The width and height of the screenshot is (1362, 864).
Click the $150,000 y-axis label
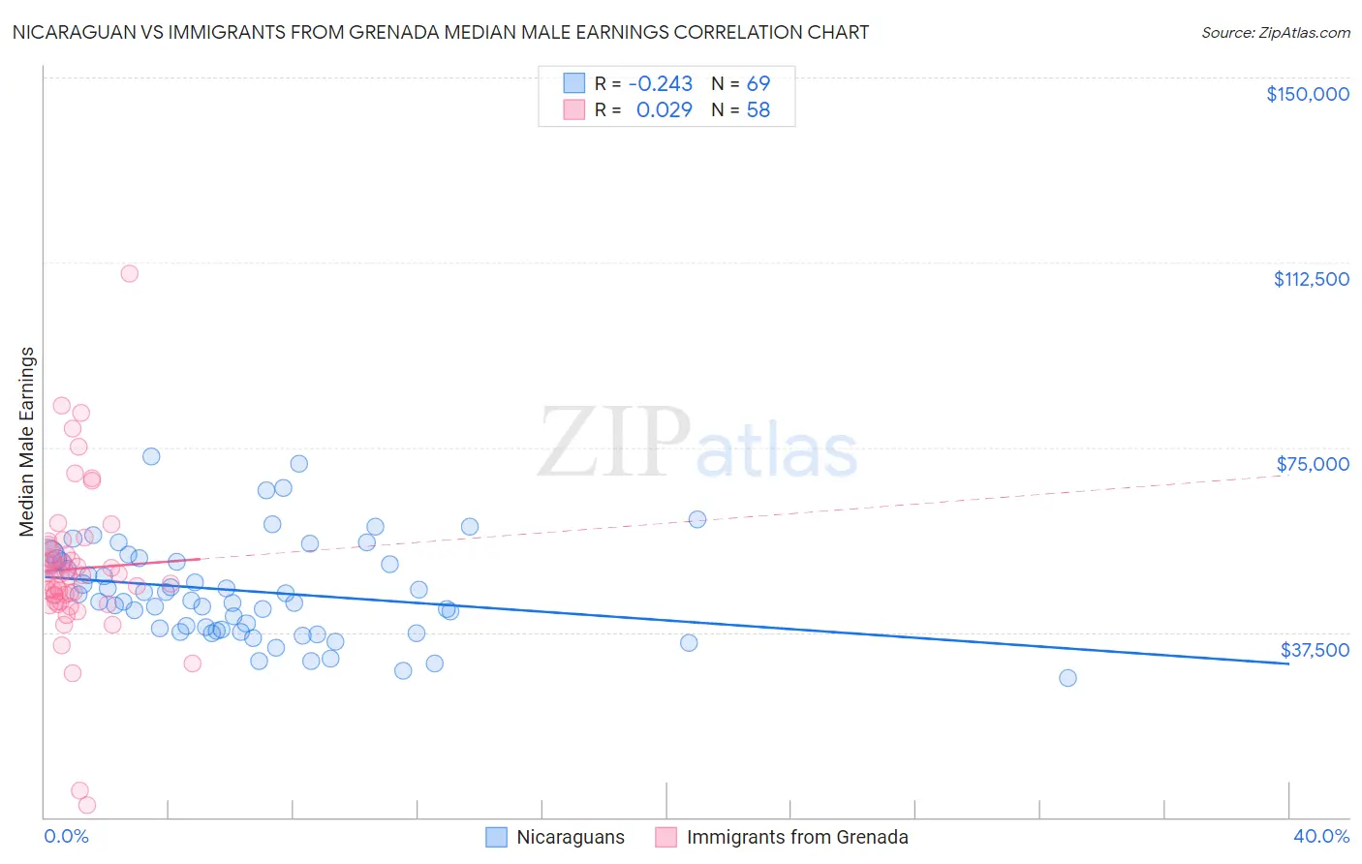click(x=1307, y=94)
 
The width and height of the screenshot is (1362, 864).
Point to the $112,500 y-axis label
click(x=1311, y=279)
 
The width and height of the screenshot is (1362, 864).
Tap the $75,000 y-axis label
click(x=1313, y=464)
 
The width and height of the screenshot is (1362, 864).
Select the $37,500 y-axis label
click(x=1315, y=650)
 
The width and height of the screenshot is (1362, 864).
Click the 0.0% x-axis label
click(x=66, y=836)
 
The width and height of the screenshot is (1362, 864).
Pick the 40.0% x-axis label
click(x=1320, y=836)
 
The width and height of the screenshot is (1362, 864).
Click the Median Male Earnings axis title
click(x=27, y=441)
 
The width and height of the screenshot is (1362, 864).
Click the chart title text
click(x=441, y=32)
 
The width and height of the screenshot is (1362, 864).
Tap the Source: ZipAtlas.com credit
click(x=1275, y=33)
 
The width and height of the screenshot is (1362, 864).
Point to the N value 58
click(x=758, y=110)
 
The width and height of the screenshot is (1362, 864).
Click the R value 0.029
click(x=664, y=110)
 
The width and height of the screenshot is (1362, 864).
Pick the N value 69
click(x=758, y=84)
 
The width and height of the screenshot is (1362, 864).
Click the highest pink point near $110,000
click(x=129, y=273)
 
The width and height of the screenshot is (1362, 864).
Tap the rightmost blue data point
click(x=1068, y=678)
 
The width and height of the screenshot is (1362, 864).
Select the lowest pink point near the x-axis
click(x=86, y=805)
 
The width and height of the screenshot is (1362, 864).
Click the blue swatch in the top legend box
click(x=574, y=83)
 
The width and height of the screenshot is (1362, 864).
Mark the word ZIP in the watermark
click(x=614, y=443)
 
